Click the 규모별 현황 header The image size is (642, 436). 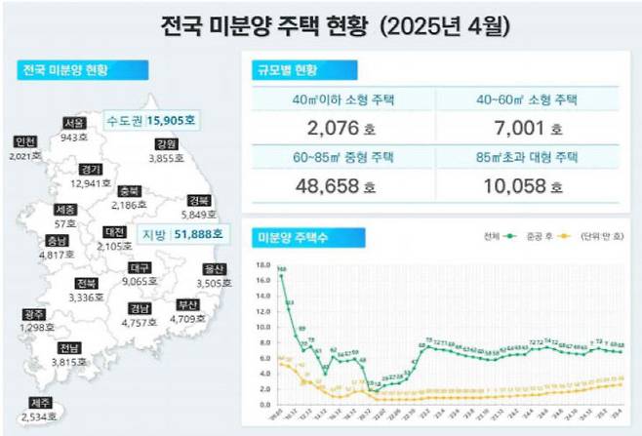coord(285,70)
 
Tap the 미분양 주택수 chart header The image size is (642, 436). coord(290,237)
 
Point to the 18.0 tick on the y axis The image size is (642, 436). coord(261,264)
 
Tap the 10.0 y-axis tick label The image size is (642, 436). coord(261,327)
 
